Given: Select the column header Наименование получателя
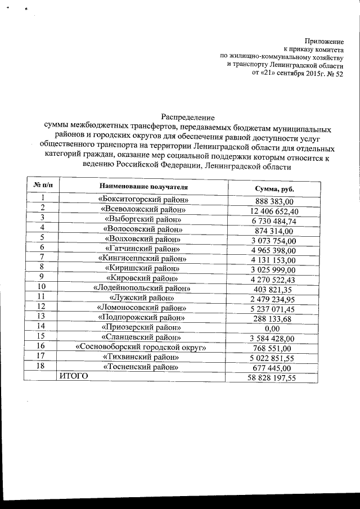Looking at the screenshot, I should click(x=143, y=186).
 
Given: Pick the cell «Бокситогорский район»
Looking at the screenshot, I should click(x=143, y=200).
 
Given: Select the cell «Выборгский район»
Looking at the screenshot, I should click(x=143, y=219).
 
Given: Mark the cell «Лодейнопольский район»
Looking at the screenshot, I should click(x=143, y=288).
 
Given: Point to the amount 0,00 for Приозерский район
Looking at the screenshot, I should click(x=272, y=328).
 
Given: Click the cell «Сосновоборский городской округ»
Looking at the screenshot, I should click(x=142, y=347).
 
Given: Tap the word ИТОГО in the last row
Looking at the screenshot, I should click(x=74, y=376).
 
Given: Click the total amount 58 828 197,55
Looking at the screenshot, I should click(x=272, y=378).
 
